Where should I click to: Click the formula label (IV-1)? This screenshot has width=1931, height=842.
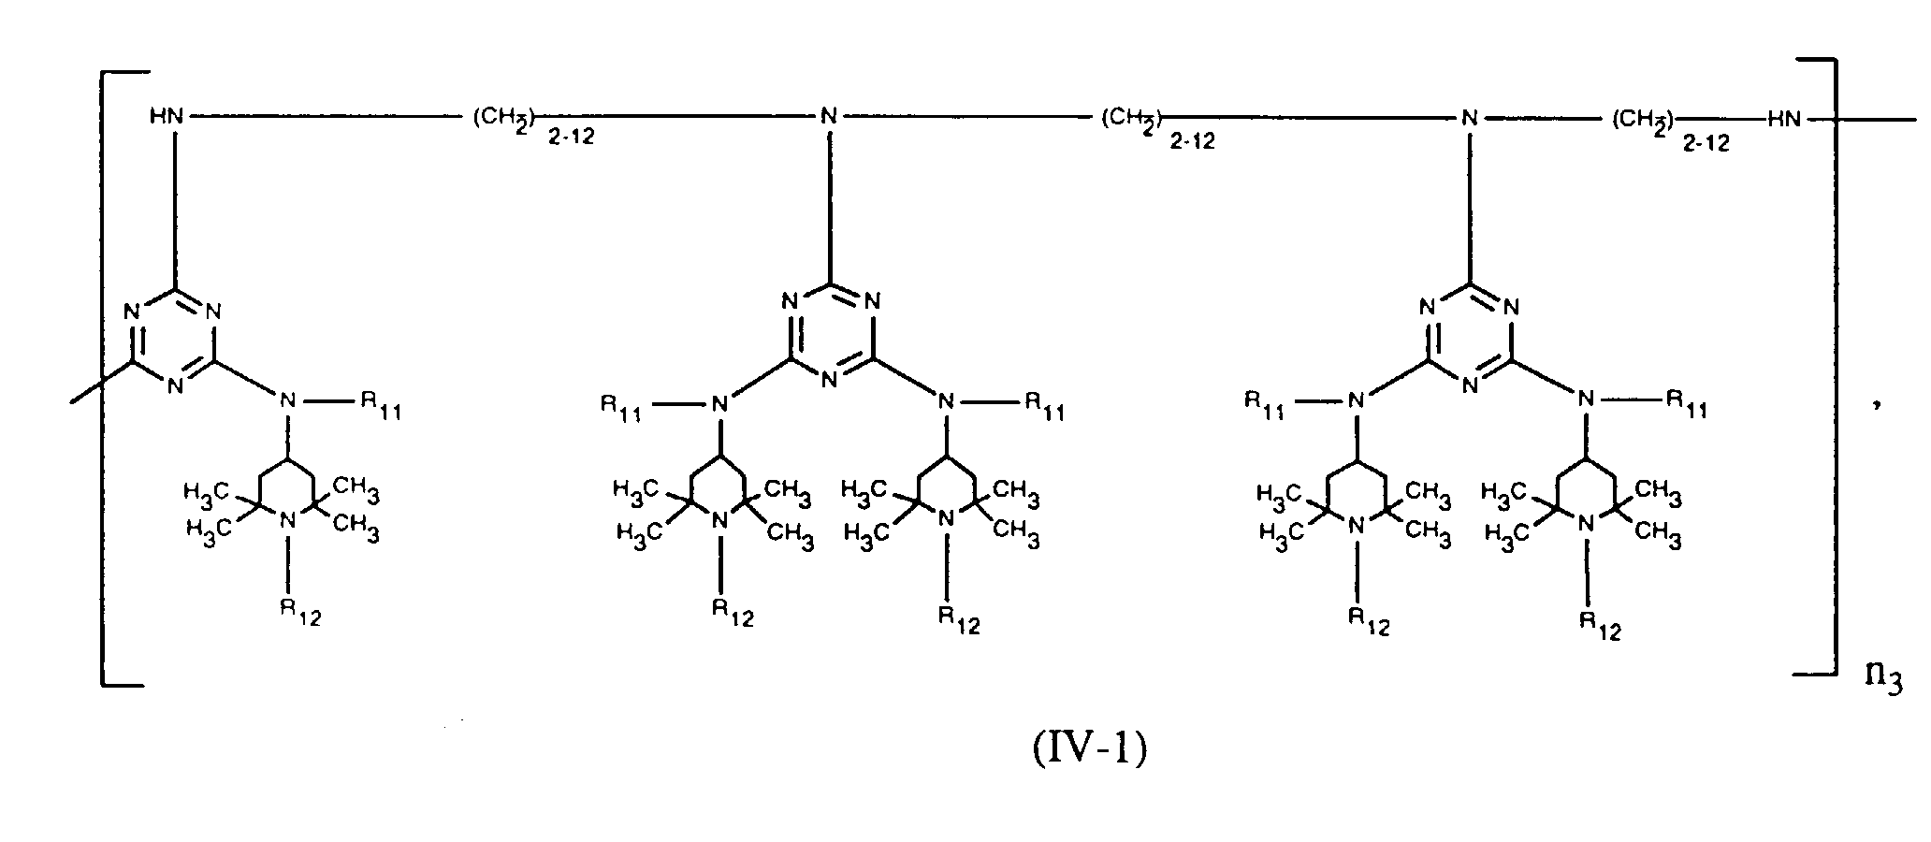[1089, 749]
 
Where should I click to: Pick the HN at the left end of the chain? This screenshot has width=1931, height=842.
[167, 117]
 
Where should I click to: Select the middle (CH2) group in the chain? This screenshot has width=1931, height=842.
[1130, 118]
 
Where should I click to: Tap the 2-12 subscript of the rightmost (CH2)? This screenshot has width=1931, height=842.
[1706, 142]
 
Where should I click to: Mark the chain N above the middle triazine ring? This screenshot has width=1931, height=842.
[828, 117]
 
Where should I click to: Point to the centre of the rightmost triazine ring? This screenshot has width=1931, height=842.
[1469, 335]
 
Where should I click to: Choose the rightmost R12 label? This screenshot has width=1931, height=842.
[1599, 624]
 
